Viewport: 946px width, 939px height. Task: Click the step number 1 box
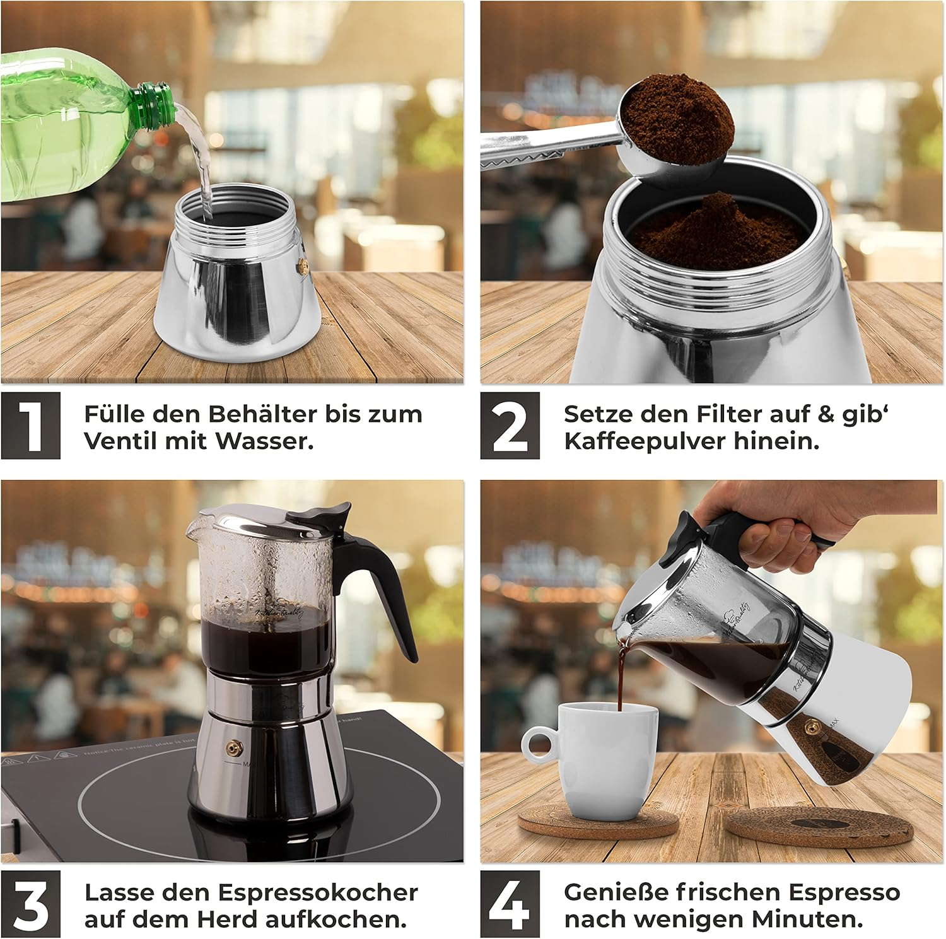31,426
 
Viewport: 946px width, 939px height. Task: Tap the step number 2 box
510,426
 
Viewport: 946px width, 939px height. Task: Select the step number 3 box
31,904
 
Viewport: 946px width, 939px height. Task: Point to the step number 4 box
510,904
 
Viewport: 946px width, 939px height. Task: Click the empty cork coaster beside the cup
820,822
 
